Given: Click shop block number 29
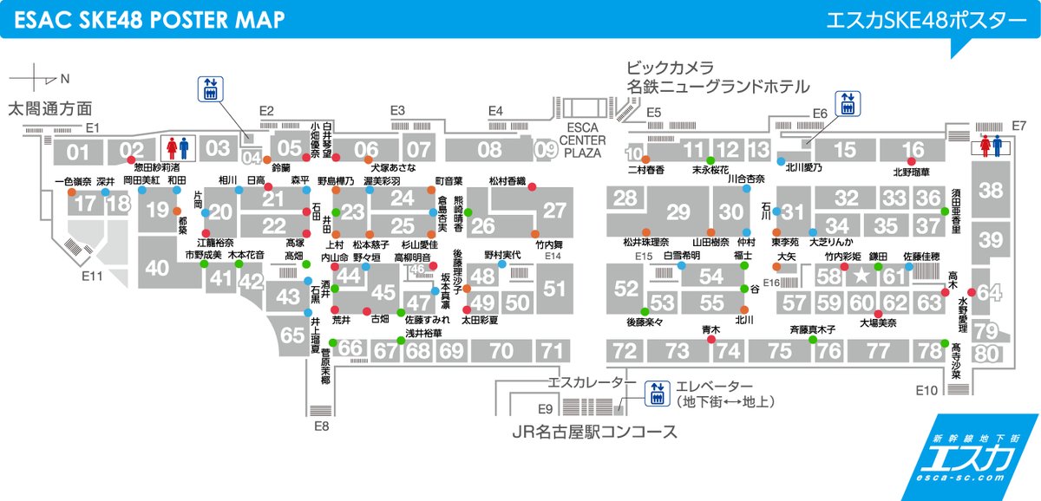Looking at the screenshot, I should click(678, 212).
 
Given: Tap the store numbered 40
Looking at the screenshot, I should click(157, 269).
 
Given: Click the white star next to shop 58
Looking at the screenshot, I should click(861, 277).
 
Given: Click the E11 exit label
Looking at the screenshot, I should click(93, 277).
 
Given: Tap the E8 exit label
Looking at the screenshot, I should click(322, 426).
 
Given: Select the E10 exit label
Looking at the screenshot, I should click(926, 391).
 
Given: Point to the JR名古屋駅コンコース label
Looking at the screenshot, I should click(593, 432).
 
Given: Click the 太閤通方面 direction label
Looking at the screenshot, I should click(49, 109).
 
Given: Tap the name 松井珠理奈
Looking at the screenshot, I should click(647, 242).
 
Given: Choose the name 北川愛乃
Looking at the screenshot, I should click(803, 170).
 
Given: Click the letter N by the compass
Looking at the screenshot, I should click(64, 78).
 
